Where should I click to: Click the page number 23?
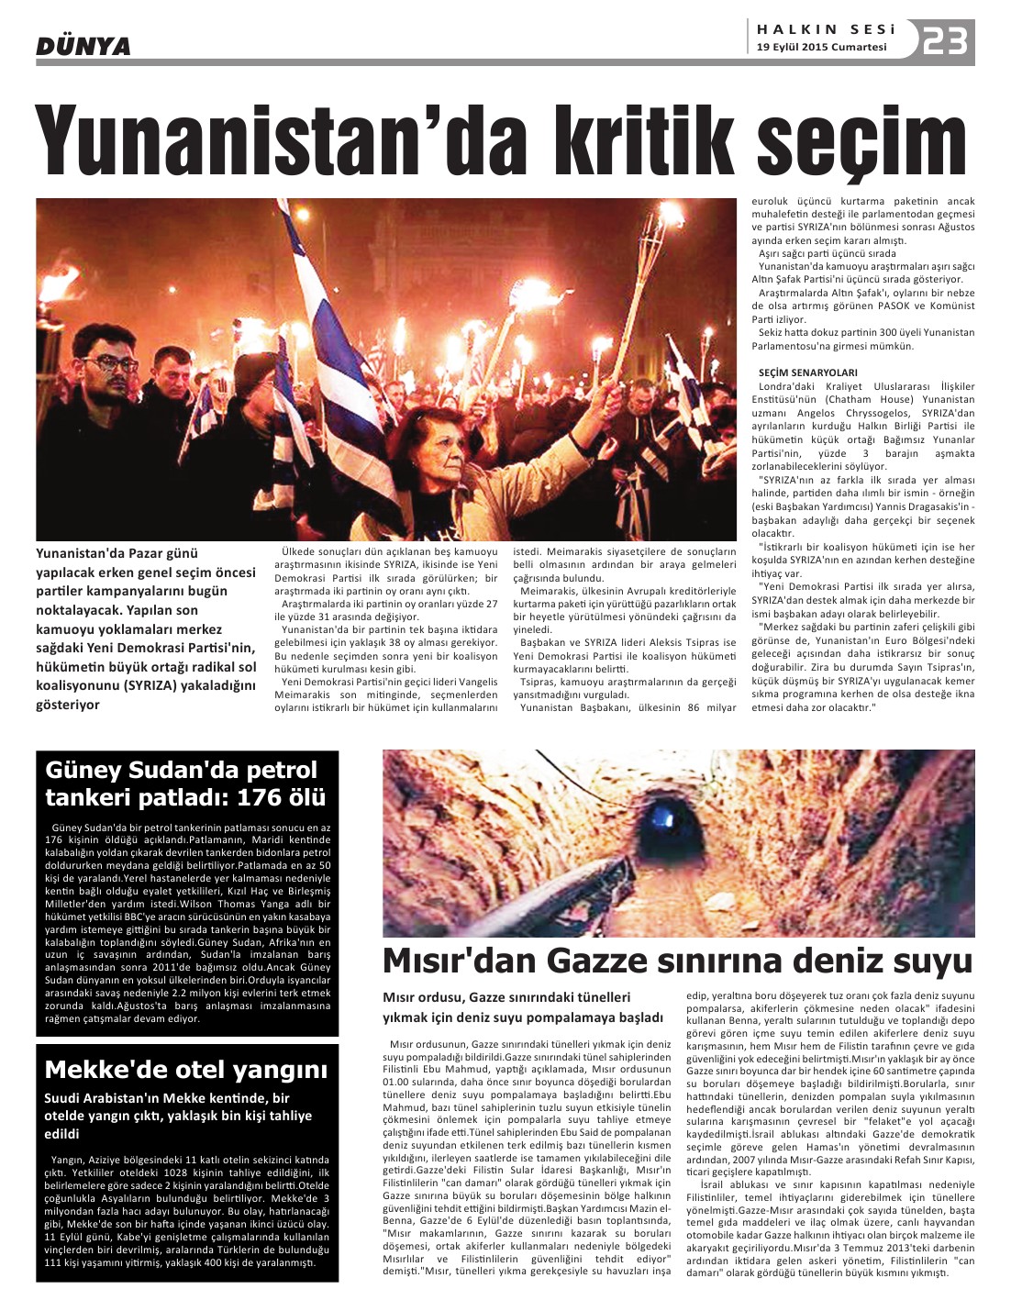(946, 40)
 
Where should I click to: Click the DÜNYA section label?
(83, 45)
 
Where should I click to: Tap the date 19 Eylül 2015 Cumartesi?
(821, 48)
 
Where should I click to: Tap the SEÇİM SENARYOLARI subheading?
(808, 372)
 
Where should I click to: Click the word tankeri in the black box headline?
(91, 797)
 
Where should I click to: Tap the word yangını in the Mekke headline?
(279, 1070)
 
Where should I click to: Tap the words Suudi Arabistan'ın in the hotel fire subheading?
(106, 1098)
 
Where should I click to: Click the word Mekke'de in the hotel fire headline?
(96, 1070)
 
